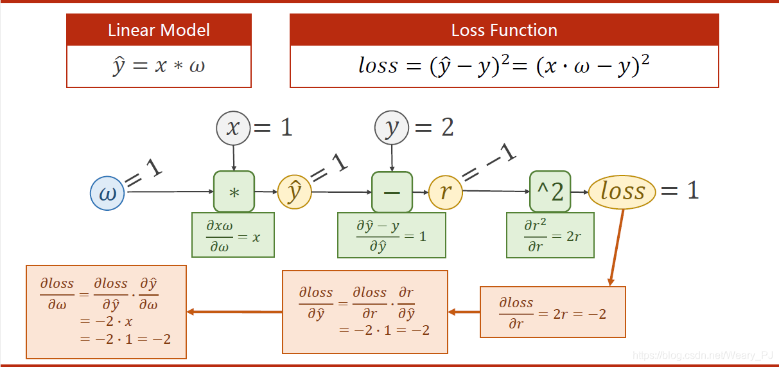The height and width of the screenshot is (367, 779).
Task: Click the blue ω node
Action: point(107,193)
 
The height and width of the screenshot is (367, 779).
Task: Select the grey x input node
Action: point(233,128)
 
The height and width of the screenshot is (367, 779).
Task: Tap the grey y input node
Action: point(392,128)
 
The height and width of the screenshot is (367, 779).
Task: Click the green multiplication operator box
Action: point(234,192)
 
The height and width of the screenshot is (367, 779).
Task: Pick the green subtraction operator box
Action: point(392,192)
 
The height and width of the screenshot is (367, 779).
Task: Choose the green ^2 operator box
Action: point(550,192)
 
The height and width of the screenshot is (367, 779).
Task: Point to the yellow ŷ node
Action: point(294,192)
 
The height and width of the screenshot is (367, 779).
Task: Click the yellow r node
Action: point(446,192)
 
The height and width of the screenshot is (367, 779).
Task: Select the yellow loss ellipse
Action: point(622,191)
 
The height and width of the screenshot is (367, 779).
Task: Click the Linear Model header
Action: point(159,30)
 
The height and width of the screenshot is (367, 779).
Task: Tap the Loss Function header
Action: point(504,30)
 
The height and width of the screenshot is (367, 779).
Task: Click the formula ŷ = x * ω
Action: point(159,66)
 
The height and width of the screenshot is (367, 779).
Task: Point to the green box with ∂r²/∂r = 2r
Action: point(550,236)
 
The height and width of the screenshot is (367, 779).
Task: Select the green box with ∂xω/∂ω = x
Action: point(233,236)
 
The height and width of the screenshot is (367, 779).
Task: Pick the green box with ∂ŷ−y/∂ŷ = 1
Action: point(390,236)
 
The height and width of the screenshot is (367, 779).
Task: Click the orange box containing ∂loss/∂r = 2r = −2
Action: point(552,312)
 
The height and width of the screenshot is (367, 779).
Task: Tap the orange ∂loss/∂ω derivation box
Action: point(106,312)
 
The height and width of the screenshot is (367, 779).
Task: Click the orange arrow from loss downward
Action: point(617,247)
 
